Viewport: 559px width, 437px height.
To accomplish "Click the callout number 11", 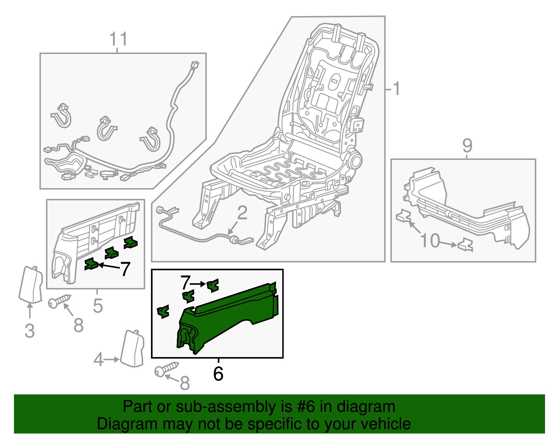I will (x=118, y=39).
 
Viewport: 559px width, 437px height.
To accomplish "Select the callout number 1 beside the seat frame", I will (x=396, y=89).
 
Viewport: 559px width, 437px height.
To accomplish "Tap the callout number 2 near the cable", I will (x=242, y=213).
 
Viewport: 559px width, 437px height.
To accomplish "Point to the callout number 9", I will (x=467, y=146).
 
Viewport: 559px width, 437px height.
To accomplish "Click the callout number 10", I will (x=430, y=241).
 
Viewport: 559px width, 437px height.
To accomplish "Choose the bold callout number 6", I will (x=218, y=374).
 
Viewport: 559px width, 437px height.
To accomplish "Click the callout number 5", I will (x=98, y=306).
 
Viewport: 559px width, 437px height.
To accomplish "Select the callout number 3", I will (x=30, y=331).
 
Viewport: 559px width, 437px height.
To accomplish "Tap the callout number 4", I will (x=99, y=360).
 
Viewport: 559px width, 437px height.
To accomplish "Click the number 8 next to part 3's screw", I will (x=79, y=325).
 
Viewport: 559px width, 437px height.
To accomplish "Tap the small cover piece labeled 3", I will (x=31, y=284).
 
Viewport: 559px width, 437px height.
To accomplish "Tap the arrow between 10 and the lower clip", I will (x=448, y=244).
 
